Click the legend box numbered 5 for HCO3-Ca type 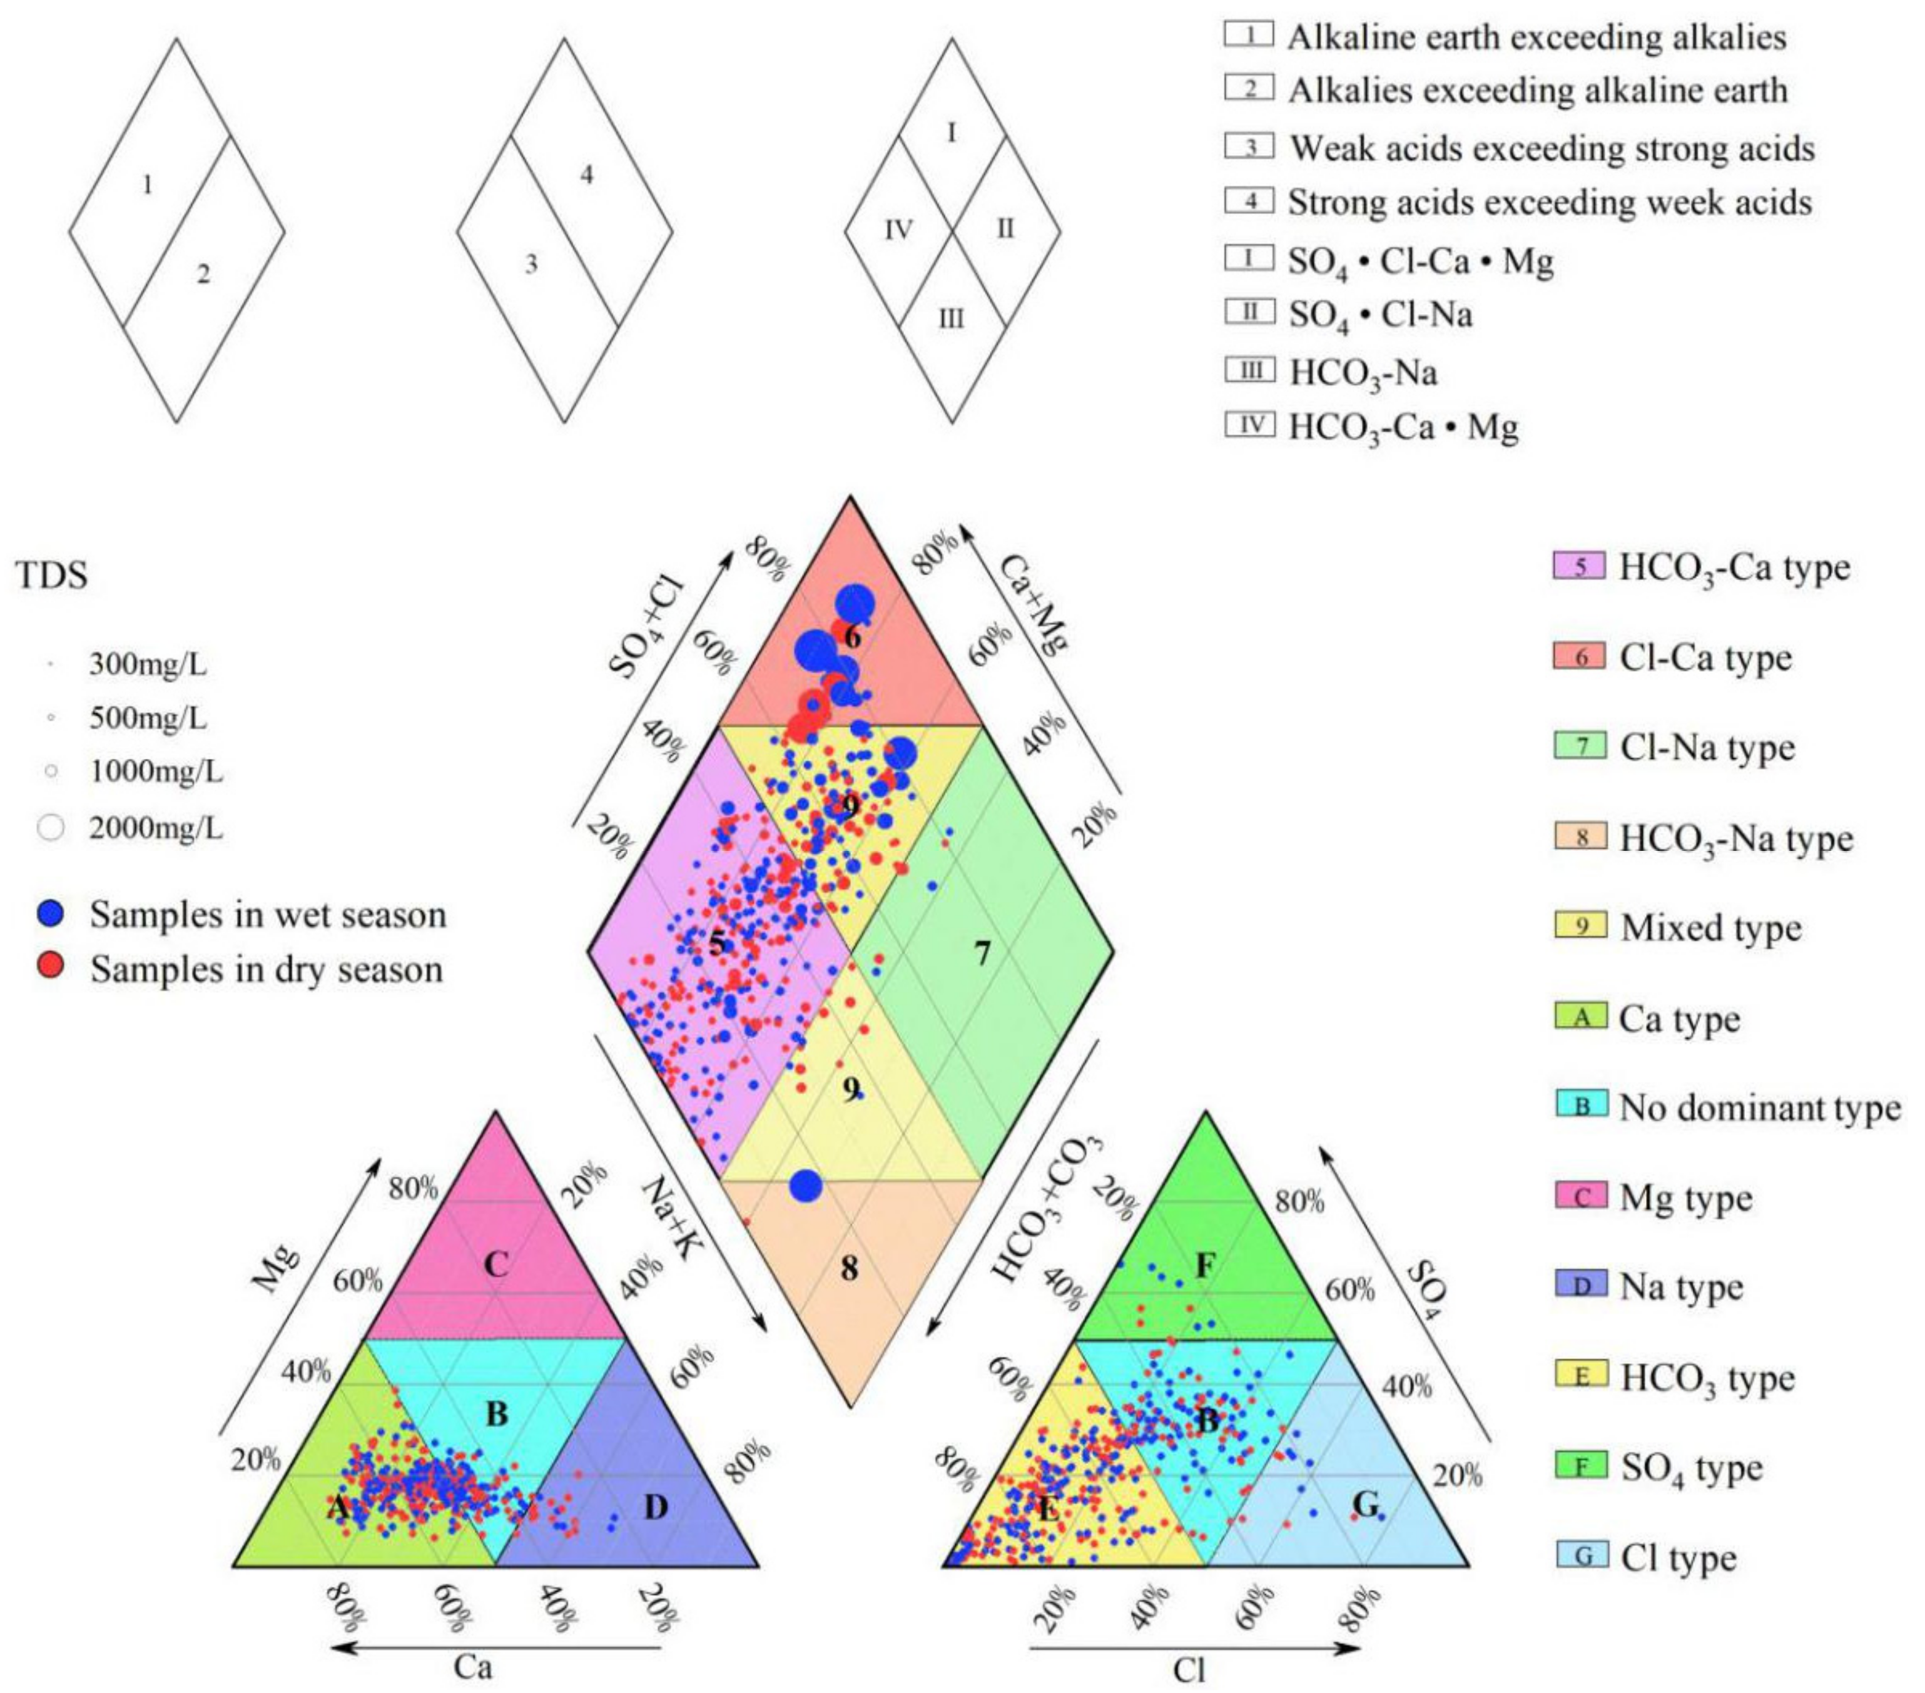click(1580, 568)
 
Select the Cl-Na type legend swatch click(1580, 746)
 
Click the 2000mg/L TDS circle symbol click(52, 828)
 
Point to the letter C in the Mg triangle click(495, 1264)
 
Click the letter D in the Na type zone click(656, 1508)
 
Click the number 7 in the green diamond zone click(982, 954)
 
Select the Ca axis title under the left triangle click(473, 1667)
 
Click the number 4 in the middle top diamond click(587, 175)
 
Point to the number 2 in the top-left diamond click(203, 275)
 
